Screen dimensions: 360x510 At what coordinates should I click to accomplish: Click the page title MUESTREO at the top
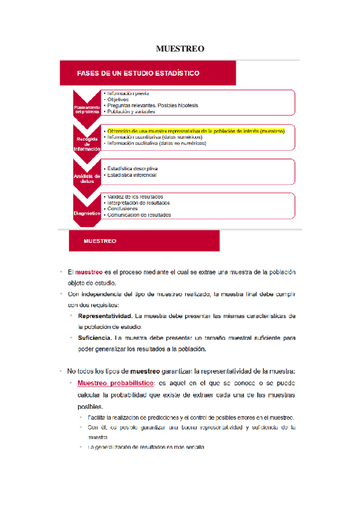(x=180, y=48)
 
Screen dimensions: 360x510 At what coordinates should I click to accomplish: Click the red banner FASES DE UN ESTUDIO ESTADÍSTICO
(x=138, y=73)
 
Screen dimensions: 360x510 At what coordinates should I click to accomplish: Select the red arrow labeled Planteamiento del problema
(x=87, y=107)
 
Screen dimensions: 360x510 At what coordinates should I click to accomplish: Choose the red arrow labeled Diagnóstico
(x=87, y=213)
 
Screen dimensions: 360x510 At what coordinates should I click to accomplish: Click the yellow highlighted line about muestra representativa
(x=195, y=130)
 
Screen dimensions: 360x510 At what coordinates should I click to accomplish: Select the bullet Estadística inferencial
(x=132, y=175)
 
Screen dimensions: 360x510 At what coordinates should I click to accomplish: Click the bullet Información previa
(x=128, y=93)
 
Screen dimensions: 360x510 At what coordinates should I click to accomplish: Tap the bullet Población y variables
(x=131, y=112)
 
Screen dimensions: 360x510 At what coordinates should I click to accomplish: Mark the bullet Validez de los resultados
(x=136, y=197)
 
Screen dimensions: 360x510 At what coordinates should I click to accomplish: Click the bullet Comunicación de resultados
(x=139, y=215)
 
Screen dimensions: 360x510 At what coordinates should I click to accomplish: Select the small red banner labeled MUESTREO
(x=101, y=241)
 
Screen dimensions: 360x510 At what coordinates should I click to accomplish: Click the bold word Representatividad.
(x=105, y=316)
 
